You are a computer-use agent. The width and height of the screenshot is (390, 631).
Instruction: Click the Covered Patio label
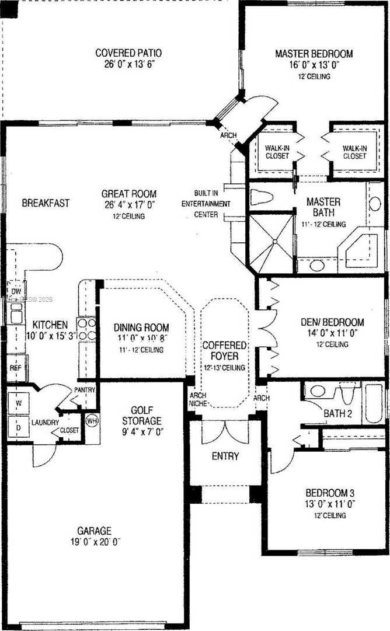(x=128, y=53)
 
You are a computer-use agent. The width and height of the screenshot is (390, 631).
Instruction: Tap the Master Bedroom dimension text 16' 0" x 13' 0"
(x=314, y=65)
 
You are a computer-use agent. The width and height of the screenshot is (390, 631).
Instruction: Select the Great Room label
(x=128, y=194)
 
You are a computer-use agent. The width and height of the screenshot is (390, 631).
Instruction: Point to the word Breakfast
(x=46, y=203)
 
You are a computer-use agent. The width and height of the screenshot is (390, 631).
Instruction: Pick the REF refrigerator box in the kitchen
(x=15, y=368)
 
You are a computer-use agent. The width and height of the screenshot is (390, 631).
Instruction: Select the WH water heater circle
(x=91, y=420)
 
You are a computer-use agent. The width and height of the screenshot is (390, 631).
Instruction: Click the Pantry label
(x=84, y=389)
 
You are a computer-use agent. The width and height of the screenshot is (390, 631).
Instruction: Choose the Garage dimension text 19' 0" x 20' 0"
(x=94, y=542)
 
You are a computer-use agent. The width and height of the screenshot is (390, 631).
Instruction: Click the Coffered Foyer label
(x=224, y=351)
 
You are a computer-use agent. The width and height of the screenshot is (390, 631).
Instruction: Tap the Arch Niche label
(x=197, y=399)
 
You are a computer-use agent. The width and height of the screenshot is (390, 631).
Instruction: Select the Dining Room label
(x=141, y=327)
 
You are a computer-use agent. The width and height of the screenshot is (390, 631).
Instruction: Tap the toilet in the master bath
(x=265, y=196)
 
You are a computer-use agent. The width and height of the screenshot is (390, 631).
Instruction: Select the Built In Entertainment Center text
(x=214, y=204)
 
